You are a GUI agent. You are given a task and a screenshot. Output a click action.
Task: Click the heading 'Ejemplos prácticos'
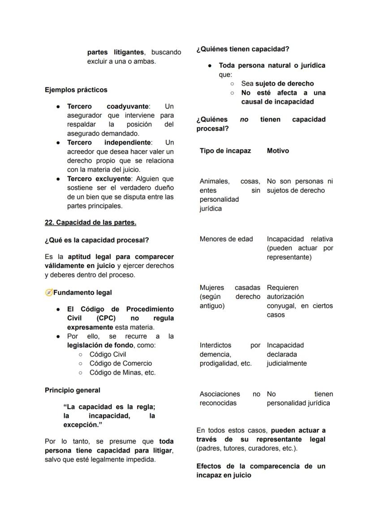[76, 90]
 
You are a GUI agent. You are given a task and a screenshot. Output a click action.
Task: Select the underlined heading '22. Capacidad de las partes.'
[91, 222]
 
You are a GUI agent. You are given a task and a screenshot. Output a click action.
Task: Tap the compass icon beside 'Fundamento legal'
[49, 293]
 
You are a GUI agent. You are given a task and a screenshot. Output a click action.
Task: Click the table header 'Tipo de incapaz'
[225, 151]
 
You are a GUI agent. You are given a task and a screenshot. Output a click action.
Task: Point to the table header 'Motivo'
[278, 151]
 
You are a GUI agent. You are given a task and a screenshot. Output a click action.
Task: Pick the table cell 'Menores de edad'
[226, 239]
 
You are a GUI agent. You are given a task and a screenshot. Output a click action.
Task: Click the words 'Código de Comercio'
[121, 363]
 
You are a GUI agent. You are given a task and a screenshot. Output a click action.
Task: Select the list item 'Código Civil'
[108, 354]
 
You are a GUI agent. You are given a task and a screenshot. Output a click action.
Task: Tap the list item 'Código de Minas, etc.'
[122, 372]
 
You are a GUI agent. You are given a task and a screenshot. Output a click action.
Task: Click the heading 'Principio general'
[73, 390]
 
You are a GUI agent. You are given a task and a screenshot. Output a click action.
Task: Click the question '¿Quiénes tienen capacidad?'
[242, 49]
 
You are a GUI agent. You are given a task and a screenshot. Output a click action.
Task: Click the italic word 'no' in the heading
[244, 120]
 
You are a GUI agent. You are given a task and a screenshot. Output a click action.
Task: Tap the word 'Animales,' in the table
[215, 181]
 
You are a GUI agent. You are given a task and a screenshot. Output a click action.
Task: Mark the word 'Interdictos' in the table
[216, 345]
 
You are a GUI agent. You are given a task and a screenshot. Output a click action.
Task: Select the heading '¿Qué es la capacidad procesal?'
[97, 240]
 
